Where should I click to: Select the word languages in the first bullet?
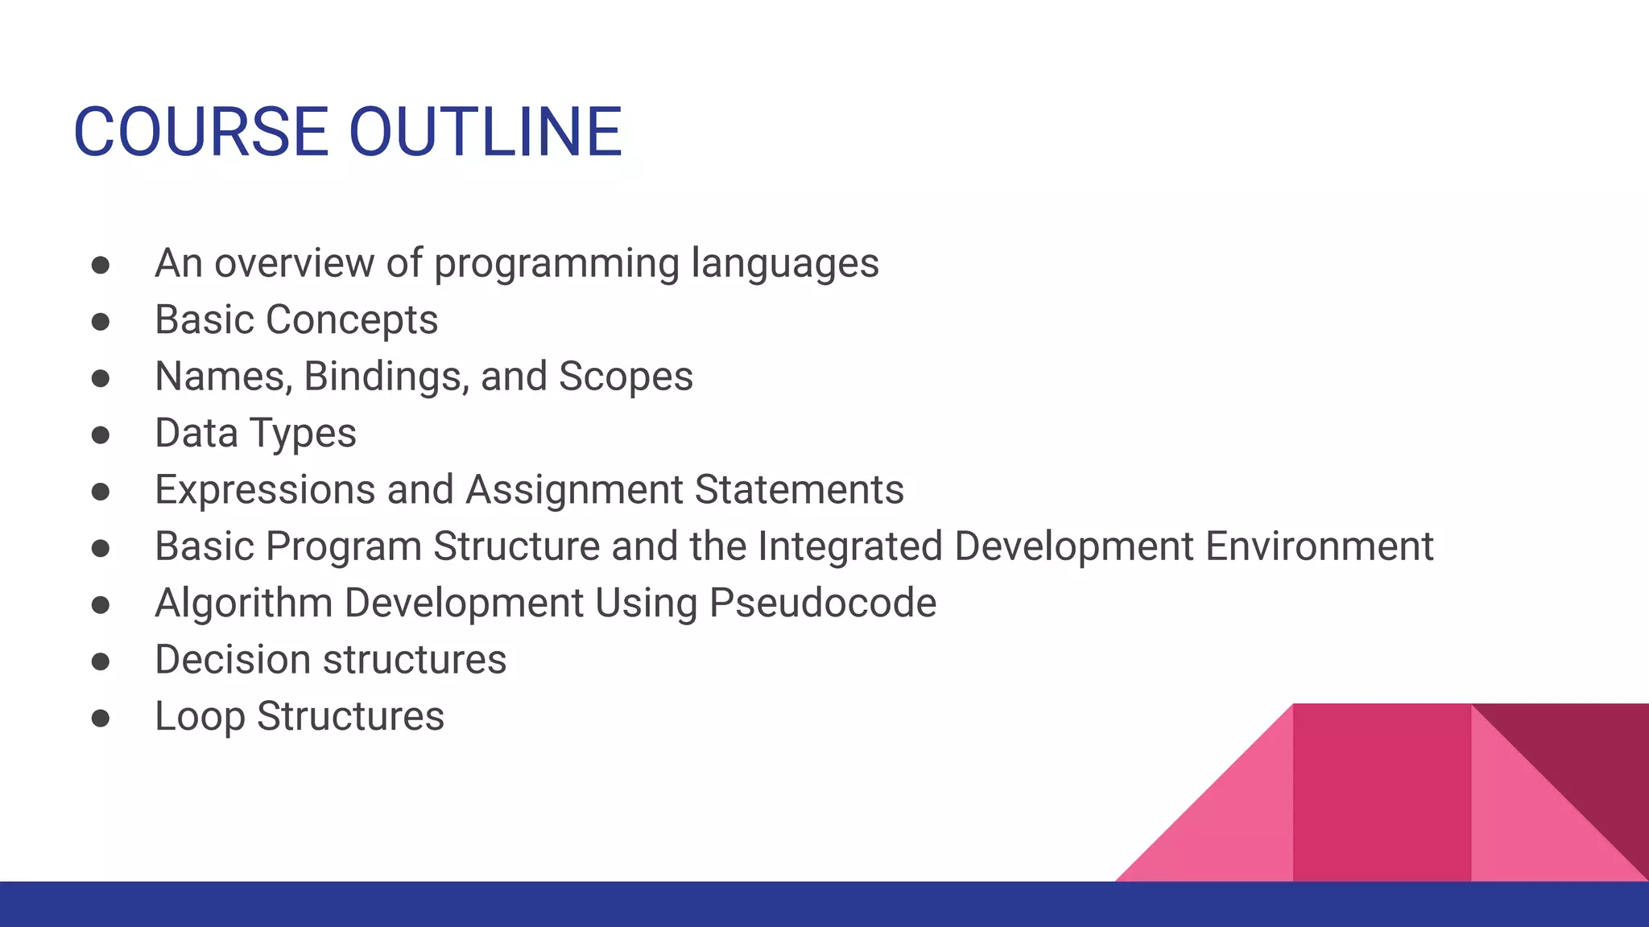(785, 264)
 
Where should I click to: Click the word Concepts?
(352, 320)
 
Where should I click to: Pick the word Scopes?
(626, 377)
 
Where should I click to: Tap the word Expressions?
(265, 489)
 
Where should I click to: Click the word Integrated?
(849, 546)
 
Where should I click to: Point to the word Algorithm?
(243, 604)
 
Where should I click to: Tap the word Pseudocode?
(822, 604)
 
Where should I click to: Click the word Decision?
(233, 660)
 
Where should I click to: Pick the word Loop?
(200, 717)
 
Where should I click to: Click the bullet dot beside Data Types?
(101, 435)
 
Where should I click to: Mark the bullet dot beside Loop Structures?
(101, 718)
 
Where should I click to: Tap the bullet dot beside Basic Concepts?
(101, 322)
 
